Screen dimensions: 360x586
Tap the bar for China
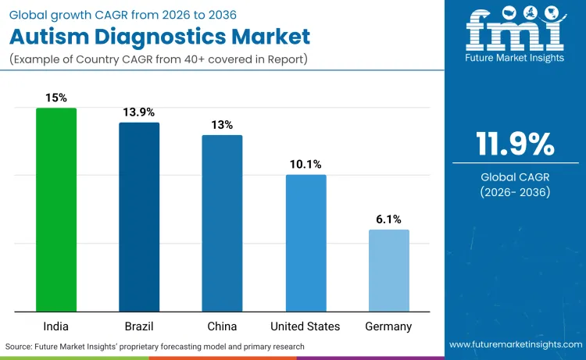[223, 223]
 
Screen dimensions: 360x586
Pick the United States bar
[306, 242]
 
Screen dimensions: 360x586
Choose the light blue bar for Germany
[388, 269]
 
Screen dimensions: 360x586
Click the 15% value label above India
[56, 98]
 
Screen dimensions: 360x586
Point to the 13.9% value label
[139, 112]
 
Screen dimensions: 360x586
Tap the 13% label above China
[223, 125]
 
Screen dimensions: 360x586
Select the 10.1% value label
[306, 164]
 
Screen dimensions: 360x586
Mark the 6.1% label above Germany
[388, 219]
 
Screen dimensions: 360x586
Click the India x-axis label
[56, 326]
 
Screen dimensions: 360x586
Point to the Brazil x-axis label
[139, 326]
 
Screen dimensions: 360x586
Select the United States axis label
[306, 326]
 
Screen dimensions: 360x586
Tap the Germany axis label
[388, 326]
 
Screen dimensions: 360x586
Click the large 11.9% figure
[515, 144]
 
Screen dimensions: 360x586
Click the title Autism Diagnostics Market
[160, 36]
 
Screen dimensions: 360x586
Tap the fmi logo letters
[515, 30]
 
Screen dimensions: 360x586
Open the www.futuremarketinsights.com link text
[515, 344]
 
